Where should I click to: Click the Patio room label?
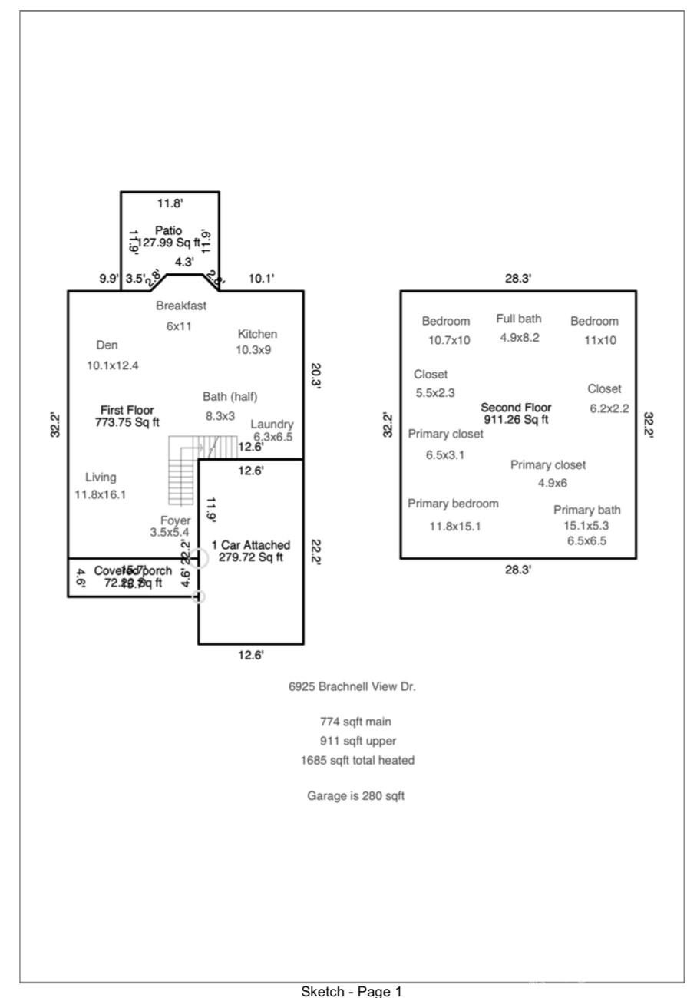168,230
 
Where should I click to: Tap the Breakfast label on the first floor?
181,306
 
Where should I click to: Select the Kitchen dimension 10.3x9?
253,349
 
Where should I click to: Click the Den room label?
107,345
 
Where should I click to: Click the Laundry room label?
272,425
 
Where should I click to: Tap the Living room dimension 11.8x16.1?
101,494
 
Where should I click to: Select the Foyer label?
175,520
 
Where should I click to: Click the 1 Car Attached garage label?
251,545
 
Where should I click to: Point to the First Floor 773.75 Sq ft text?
127,416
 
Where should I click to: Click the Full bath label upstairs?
518,319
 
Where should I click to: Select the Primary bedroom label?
453,504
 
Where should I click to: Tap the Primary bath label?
587,510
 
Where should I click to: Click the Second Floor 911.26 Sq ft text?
516,414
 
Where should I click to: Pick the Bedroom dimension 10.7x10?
450,340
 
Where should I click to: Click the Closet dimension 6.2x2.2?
609,408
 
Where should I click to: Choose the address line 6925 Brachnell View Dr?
352,687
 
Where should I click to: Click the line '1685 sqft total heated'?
357,761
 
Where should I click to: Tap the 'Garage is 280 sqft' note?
355,796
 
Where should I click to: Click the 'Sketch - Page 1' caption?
352,991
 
